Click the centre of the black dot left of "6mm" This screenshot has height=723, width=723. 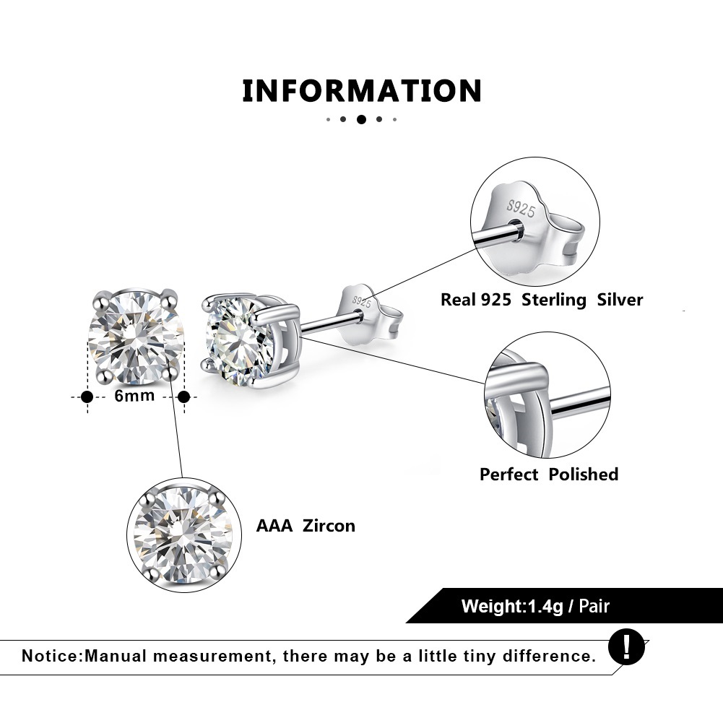87,397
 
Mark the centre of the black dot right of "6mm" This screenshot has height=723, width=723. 184,397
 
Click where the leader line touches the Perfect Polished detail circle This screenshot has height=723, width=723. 485,384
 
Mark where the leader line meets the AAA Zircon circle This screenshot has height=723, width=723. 182,477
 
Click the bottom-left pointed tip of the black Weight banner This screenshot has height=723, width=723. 406,623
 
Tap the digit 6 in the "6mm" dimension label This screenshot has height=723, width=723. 119,396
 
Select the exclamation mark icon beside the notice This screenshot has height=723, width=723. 626,647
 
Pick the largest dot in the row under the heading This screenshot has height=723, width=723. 361,119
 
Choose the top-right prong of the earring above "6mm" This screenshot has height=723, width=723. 170,295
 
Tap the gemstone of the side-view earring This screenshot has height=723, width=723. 233,341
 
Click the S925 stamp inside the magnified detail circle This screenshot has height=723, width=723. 521,209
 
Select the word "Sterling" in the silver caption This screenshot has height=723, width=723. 554,300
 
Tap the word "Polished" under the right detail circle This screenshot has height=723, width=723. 584,475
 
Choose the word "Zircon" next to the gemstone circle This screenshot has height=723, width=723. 329,526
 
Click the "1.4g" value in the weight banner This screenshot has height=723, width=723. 545,606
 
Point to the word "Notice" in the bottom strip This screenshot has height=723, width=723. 51,656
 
